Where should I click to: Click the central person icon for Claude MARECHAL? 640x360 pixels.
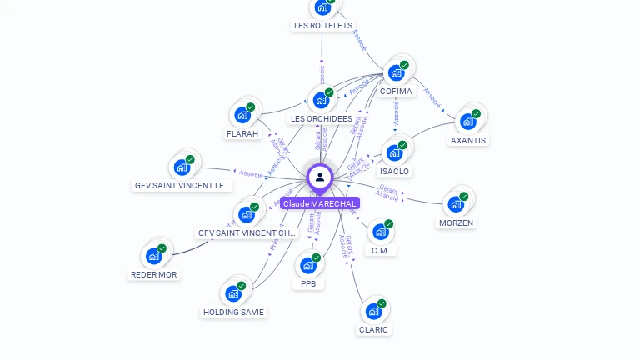[x=319, y=177]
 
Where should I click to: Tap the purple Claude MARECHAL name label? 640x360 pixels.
[x=320, y=203]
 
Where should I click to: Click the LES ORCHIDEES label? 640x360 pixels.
[x=322, y=119]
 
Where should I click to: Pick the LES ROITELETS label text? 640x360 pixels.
[x=323, y=26]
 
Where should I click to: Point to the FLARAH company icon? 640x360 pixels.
[x=242, y=115]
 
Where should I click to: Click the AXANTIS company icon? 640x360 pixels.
[x=467, y=122]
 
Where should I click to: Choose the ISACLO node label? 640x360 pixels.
[x=394, y=172]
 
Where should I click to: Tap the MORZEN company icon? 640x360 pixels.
[x=455, y=204]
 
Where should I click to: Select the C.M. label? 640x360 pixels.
[x=381, y=250]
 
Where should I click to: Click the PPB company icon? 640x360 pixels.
[x=308, y=266]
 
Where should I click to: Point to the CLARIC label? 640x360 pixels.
[x=373, y=329]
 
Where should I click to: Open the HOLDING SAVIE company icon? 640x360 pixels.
[x=233, y=293]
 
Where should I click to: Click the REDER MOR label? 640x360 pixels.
[x=154, y=274]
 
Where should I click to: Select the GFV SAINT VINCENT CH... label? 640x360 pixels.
[x=246, y=233]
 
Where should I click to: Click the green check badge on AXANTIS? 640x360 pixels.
[x=476, y=113]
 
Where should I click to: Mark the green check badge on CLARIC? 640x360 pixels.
[x=382, y=303]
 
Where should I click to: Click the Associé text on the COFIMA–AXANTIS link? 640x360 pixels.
[x=432, y=97]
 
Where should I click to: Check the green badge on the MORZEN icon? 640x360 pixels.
[x=463, y=197]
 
